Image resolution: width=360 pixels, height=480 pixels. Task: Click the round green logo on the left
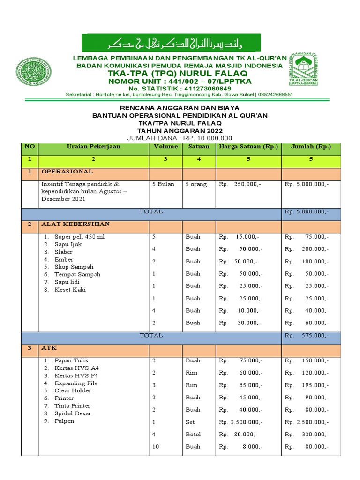click(x=35, y=74)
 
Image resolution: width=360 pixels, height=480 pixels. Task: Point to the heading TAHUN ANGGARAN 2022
click(x=180, y=130)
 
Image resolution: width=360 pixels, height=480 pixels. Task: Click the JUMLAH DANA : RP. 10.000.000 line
click(x=180, y=138)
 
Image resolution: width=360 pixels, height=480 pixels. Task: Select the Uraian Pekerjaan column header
click(x=93, y=147)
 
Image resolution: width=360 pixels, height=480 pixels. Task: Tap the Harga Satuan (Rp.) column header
click(x=248, y=147)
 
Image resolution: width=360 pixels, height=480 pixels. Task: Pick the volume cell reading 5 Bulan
click(x=163, y=184)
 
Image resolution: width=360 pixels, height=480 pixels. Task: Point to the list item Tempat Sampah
click(x=77, y=274)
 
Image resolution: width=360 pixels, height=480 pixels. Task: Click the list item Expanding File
click(x=76, y=383)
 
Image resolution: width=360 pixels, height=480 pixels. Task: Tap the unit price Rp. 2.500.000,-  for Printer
click(x=241, y=422)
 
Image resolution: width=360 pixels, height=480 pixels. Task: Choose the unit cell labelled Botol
click(x=193, y=435)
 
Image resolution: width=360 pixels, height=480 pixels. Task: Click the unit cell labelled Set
click(x=190, y=422)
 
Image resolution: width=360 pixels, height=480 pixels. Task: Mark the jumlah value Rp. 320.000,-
click(x=307, y=435)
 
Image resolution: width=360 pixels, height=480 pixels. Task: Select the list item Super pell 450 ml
click(x=79, y=237)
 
